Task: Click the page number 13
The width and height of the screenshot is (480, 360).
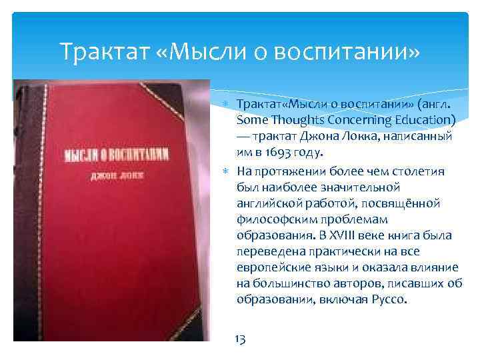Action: point(241,339)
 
